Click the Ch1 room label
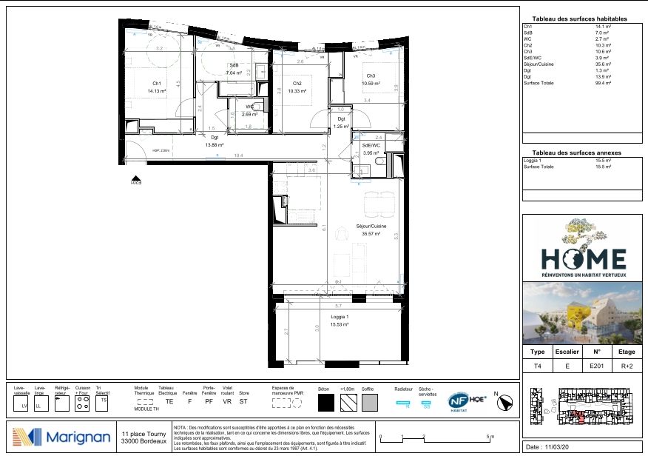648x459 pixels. pyautogui.click(x=157, y=83)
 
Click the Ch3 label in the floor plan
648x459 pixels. pyautogui.click(x=369, y=76)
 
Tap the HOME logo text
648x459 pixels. pyautogui.click(x=583, y=258)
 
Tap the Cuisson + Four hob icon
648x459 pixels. pyautogui.click(x=84, y=404)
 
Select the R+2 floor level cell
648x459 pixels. pyautogui.click(x=627, y=366)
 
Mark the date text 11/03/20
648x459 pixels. pyautogui.click(x=561, y=448)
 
